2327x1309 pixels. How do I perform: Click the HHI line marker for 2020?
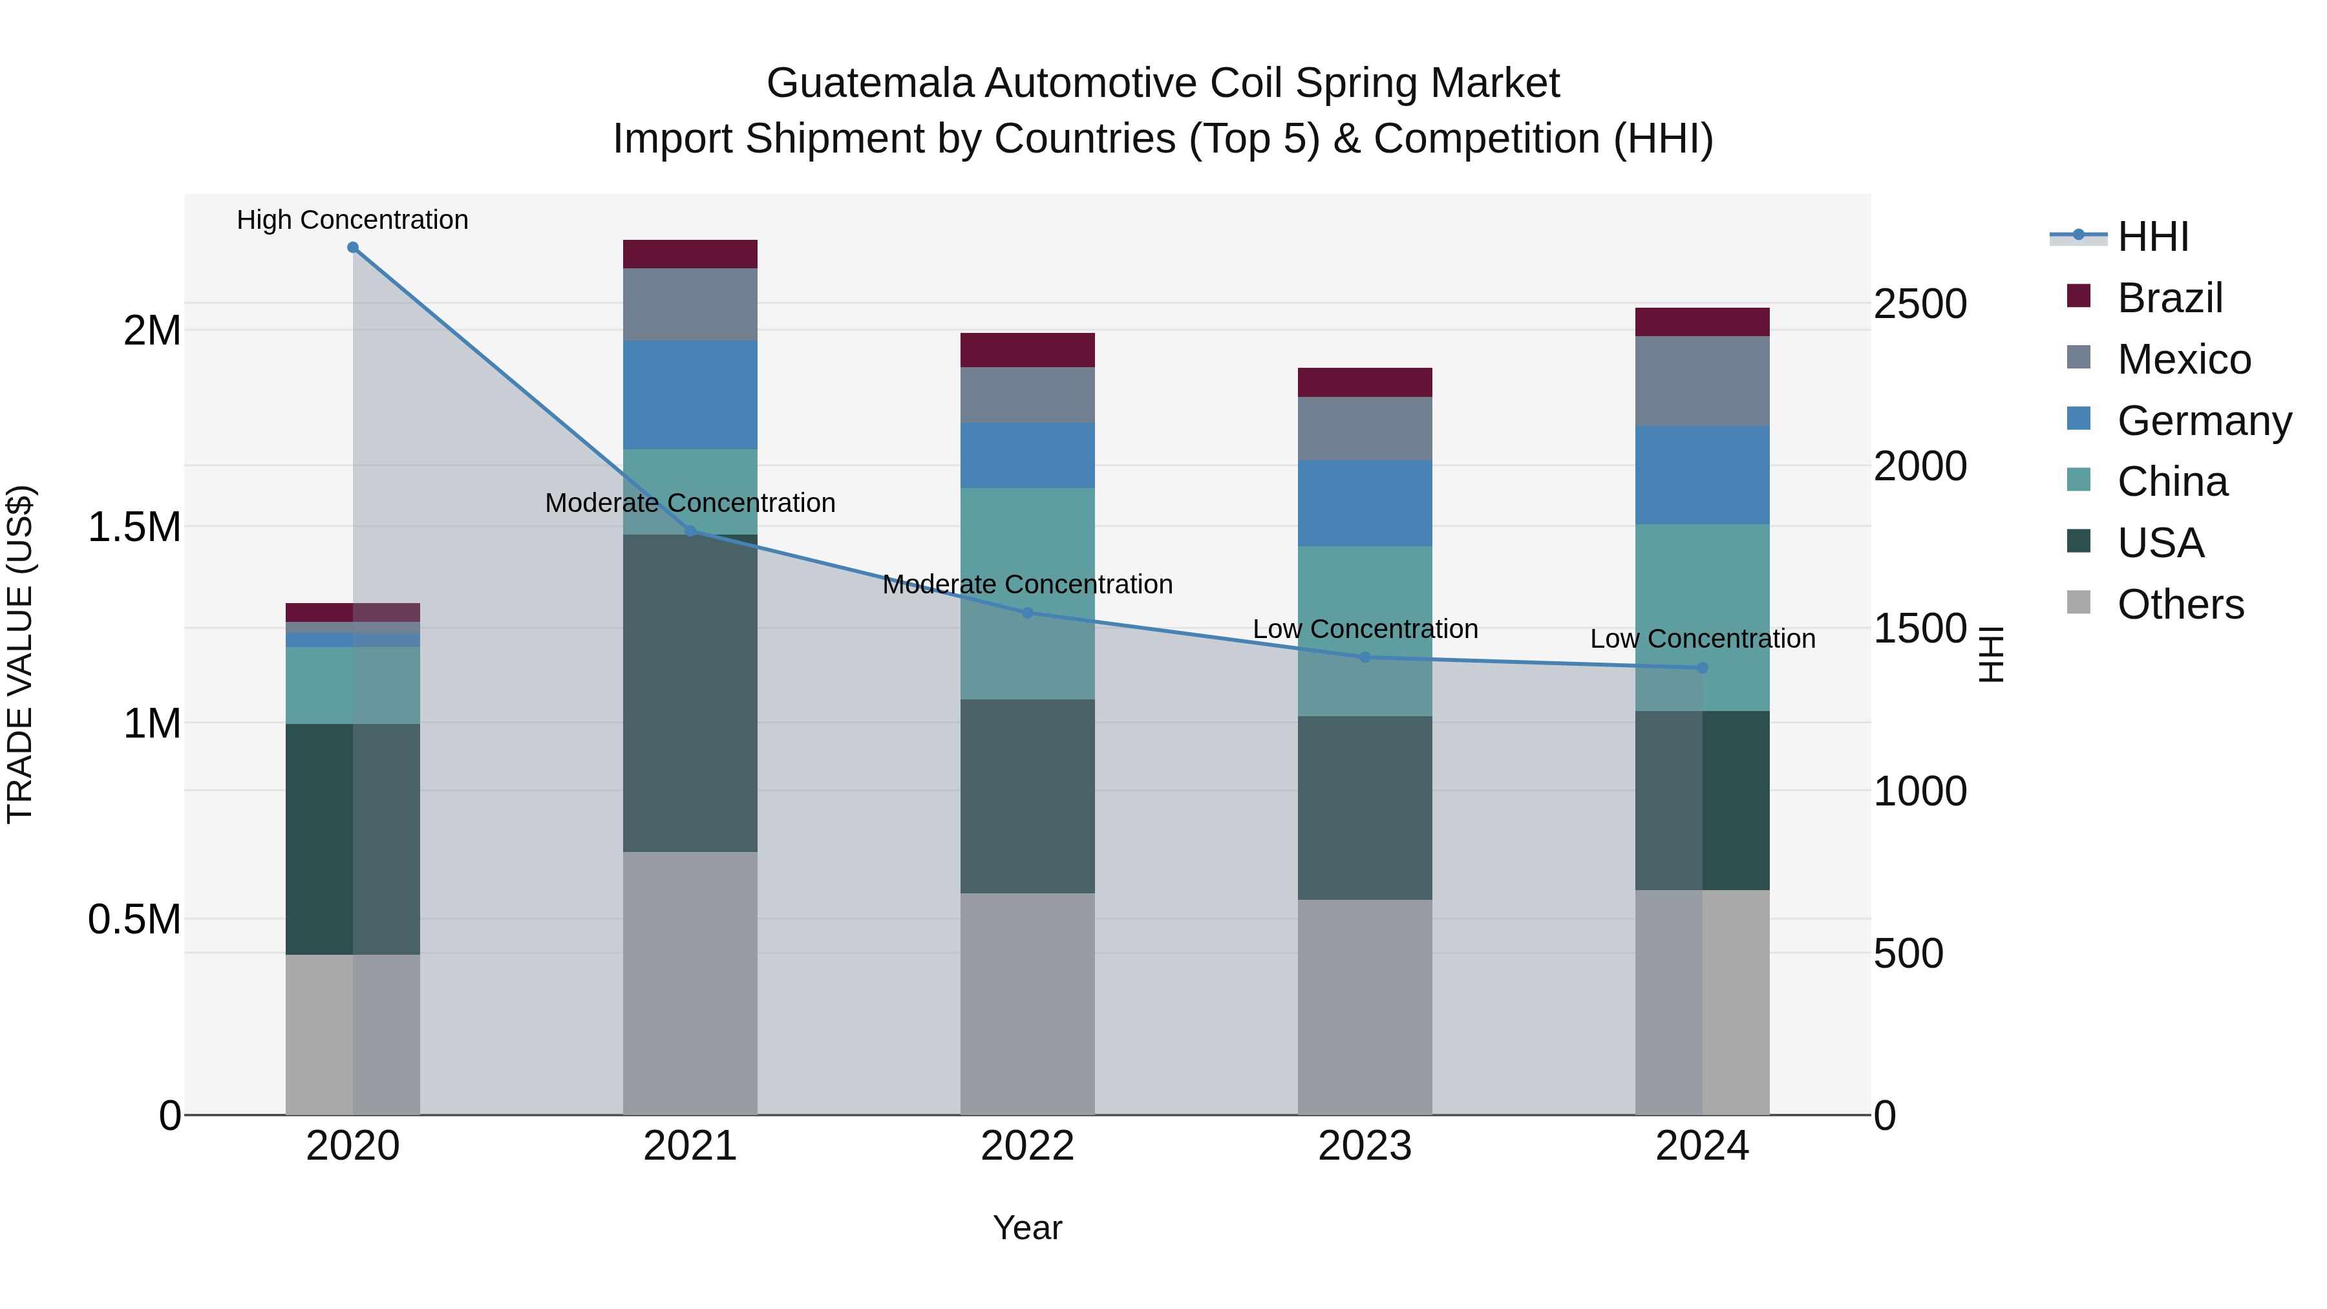point(353,248)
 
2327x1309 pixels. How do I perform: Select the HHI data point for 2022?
point(1027,613)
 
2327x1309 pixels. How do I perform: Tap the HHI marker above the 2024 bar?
point(1702,668)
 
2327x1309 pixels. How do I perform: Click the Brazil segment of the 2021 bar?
point(690,254)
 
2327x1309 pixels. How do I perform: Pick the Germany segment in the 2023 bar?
point(1365,502)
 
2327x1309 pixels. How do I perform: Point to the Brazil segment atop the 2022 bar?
point(1027,350)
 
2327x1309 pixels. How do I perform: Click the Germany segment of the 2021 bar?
point(690,395)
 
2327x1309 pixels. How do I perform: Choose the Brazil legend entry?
point(2169,298)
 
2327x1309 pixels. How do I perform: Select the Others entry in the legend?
point(2180,604)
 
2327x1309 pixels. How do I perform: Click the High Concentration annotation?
point(352,220)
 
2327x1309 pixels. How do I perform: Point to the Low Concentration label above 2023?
point(1365,629)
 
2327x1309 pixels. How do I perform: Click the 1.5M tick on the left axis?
point(134,527)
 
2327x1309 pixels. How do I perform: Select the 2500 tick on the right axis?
point(1920,304)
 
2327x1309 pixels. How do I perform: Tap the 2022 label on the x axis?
point(1027,1146)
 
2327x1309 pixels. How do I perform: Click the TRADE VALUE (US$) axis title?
point(20,654)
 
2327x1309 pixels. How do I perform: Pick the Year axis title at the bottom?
point(1027,1228)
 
